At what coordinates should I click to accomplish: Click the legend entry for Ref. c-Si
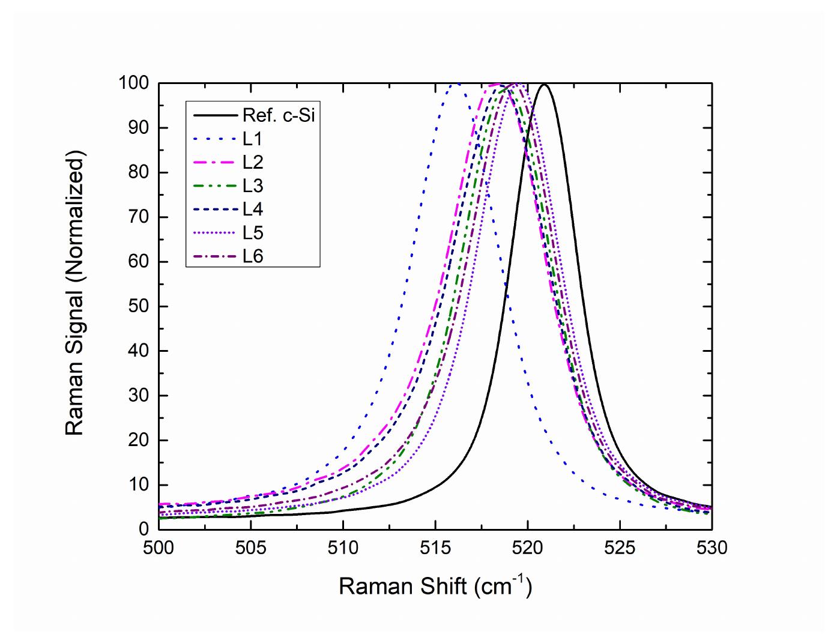coord(279,115)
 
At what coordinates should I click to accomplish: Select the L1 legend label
coord(253,139)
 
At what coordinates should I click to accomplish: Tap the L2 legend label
coord(253,162)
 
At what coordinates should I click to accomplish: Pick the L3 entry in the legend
coord(253,186)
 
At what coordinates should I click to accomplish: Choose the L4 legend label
coord(253,209)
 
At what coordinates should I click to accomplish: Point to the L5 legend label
coord(253,232)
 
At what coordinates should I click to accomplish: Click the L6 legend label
coord(253,256)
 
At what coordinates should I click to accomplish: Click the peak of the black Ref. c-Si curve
coord(545,84)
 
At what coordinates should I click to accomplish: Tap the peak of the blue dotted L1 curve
coord(456,83)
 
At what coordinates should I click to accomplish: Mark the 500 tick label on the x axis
coord(159,548)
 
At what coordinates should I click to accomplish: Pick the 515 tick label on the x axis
coord(435,548)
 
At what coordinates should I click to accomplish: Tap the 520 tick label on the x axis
coord(527,548)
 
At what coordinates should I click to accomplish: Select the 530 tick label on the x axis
coord(712,548)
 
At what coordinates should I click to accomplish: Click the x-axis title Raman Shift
coord(435,585)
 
